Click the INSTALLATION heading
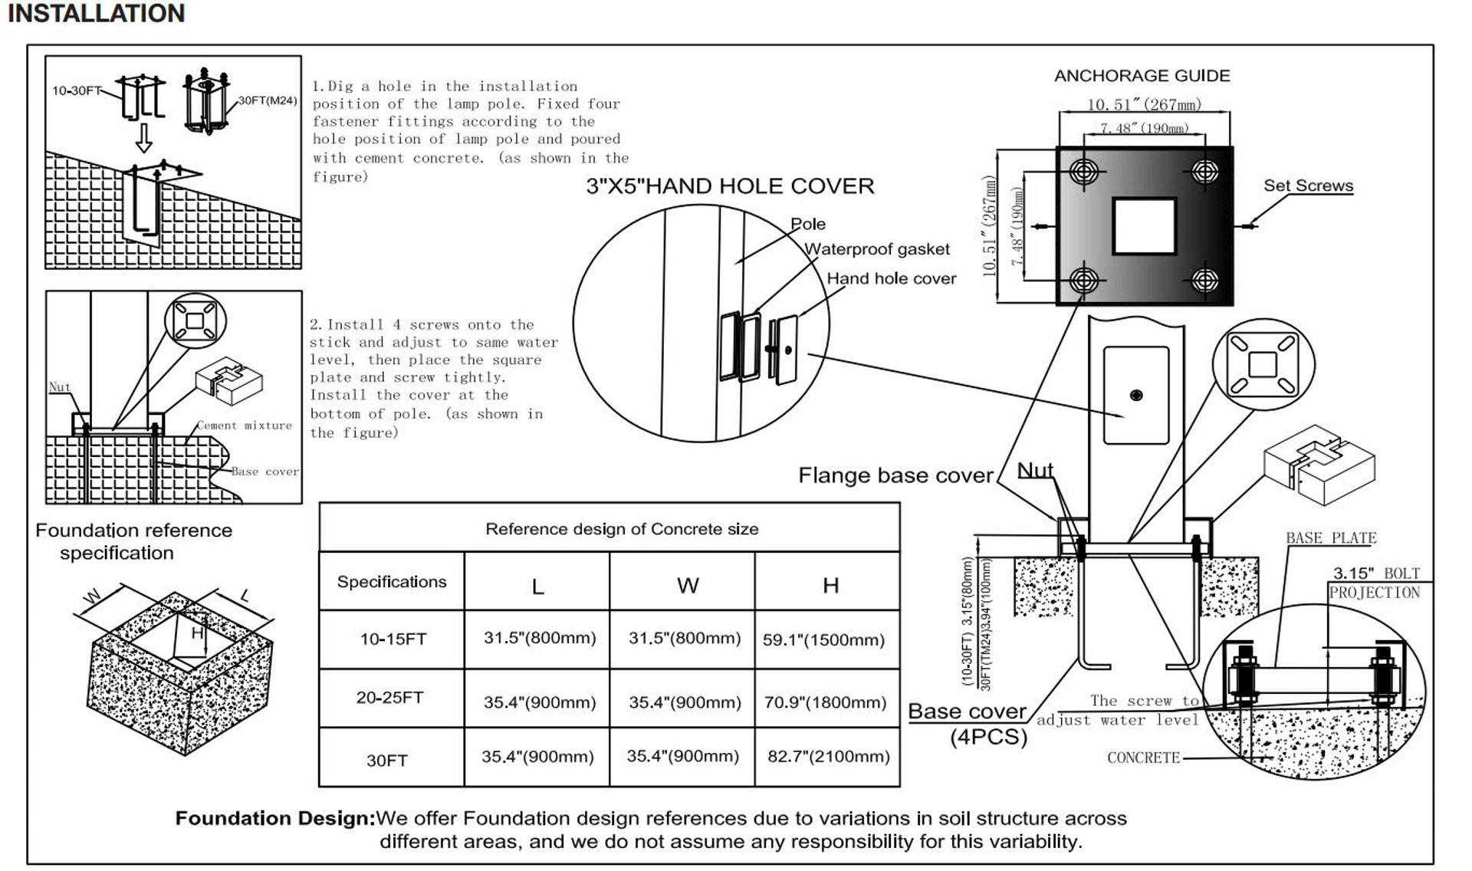point(97,14)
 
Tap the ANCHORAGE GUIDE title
point(1142,76)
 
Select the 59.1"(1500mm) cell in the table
point(823,640)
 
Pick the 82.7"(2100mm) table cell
point(828,757)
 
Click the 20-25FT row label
point(389,698)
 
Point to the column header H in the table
point(830,586)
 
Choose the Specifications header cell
point(391,582)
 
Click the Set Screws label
point(1308,186)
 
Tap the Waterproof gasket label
point(876,249)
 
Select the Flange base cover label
point(895,475)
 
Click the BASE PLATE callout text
point(1331,538)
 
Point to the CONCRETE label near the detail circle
point(1143,758)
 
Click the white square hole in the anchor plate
point(1144,226)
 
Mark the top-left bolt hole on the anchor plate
point(1084,171)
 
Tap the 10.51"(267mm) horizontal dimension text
point(1144,104)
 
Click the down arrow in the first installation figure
point(143,140)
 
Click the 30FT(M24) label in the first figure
point(268,100)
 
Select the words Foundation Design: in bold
point(275,819)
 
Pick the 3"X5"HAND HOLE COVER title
point(730,186)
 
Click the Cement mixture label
point(245,426)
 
